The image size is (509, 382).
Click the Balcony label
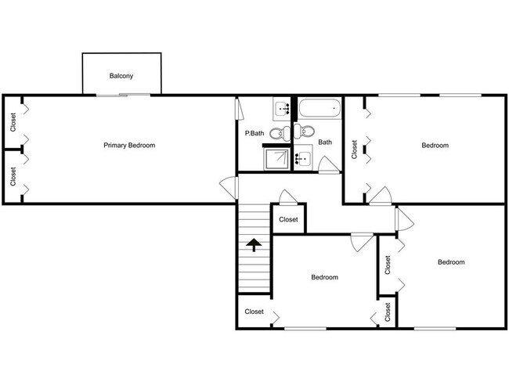tap(121, 76)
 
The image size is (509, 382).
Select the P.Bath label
tap(253, 134)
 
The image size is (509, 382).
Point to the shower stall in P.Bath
tap(275, 159)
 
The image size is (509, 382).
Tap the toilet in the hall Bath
tap(307, 132)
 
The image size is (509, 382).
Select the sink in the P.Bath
tap(281, 108)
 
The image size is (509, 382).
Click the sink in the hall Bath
tap(303, 159)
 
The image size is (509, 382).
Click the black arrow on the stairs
tap(254, 245)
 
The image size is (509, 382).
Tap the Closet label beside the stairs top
tap(288, 219)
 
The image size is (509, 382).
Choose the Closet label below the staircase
tap(254, 312)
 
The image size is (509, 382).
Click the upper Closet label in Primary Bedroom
tap(13, 122)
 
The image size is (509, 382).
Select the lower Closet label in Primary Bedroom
tap(13, 176)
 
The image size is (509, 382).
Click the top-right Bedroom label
tap(435, 145)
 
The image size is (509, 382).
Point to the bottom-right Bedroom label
tap(450, 262)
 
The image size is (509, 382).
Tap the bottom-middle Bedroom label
tap(324, 277)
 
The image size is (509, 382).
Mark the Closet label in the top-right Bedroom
tap(355, 149)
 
